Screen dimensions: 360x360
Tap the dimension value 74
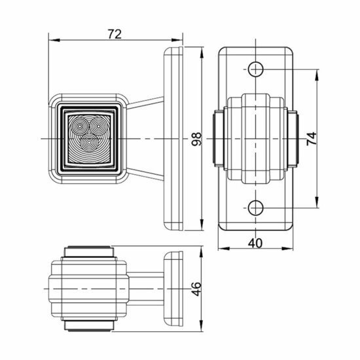312,137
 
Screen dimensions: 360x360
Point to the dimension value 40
256,242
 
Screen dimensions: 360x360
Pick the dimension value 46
196,289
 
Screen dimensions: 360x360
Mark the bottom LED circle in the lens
89,139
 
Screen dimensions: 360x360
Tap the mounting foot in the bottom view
175,289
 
